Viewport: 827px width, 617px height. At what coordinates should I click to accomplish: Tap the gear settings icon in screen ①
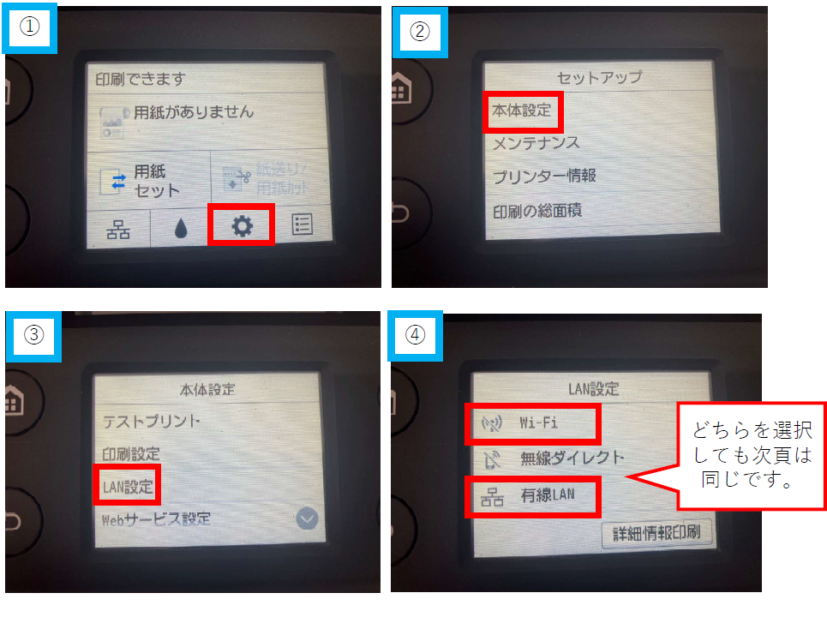(242, 225)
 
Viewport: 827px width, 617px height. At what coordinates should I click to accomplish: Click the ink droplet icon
(180, 226)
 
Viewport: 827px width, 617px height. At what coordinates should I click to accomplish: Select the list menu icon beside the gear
(303, 225)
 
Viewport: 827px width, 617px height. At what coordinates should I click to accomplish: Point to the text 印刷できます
(141, 79)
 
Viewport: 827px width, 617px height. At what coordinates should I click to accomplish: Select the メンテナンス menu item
(536, 143)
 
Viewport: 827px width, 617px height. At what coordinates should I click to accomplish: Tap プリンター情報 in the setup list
(543, 176)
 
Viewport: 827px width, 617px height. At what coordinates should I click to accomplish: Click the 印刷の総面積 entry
(536, 210)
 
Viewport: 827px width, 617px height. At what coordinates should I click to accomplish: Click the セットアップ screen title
(599, 77)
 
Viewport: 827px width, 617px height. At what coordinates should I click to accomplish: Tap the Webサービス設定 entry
(156, 519)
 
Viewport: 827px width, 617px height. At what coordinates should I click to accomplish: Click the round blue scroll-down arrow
(307, 518)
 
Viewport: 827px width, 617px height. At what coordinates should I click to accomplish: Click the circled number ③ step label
(32, 334)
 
